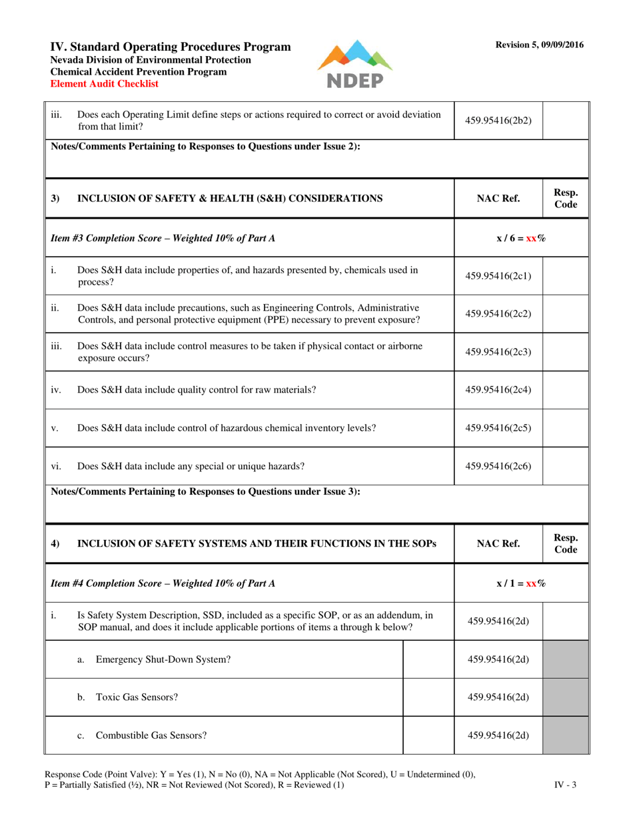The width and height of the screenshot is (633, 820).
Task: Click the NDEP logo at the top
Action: coord(354,64)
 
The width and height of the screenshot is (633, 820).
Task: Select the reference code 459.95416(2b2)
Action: coord(498,121)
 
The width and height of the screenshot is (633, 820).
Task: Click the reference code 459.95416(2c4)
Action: coord(498,390)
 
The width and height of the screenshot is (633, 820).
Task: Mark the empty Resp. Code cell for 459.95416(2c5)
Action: coord(566,428)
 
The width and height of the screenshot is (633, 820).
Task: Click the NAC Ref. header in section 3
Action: coord(498,198)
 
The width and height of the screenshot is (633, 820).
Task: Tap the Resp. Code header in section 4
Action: coord(566,544)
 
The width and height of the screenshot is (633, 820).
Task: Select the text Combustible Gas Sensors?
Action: coord(151,735)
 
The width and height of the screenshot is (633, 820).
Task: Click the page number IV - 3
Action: coord(566,785)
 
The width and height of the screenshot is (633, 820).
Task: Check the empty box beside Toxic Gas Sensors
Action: coord(429,697)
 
